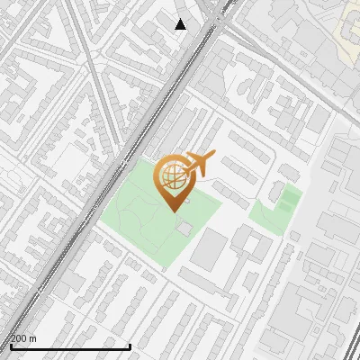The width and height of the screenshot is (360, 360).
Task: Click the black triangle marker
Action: point(181,24)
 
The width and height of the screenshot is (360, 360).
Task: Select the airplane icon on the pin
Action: point(197,164)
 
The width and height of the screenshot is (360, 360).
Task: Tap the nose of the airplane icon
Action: point(212,156)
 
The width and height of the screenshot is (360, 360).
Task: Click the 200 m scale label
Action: point(23,338)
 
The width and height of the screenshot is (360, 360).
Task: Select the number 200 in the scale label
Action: point(19,338)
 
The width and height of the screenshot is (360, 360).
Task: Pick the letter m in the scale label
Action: point(32,338)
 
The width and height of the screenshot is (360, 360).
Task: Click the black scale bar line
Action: point(70,346)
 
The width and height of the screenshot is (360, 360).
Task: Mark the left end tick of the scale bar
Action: point(11,345)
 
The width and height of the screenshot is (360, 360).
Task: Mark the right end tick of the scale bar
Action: point(130,345)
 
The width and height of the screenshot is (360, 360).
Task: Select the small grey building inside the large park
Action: point(184,229)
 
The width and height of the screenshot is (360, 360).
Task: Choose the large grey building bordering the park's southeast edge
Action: point(210,248)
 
